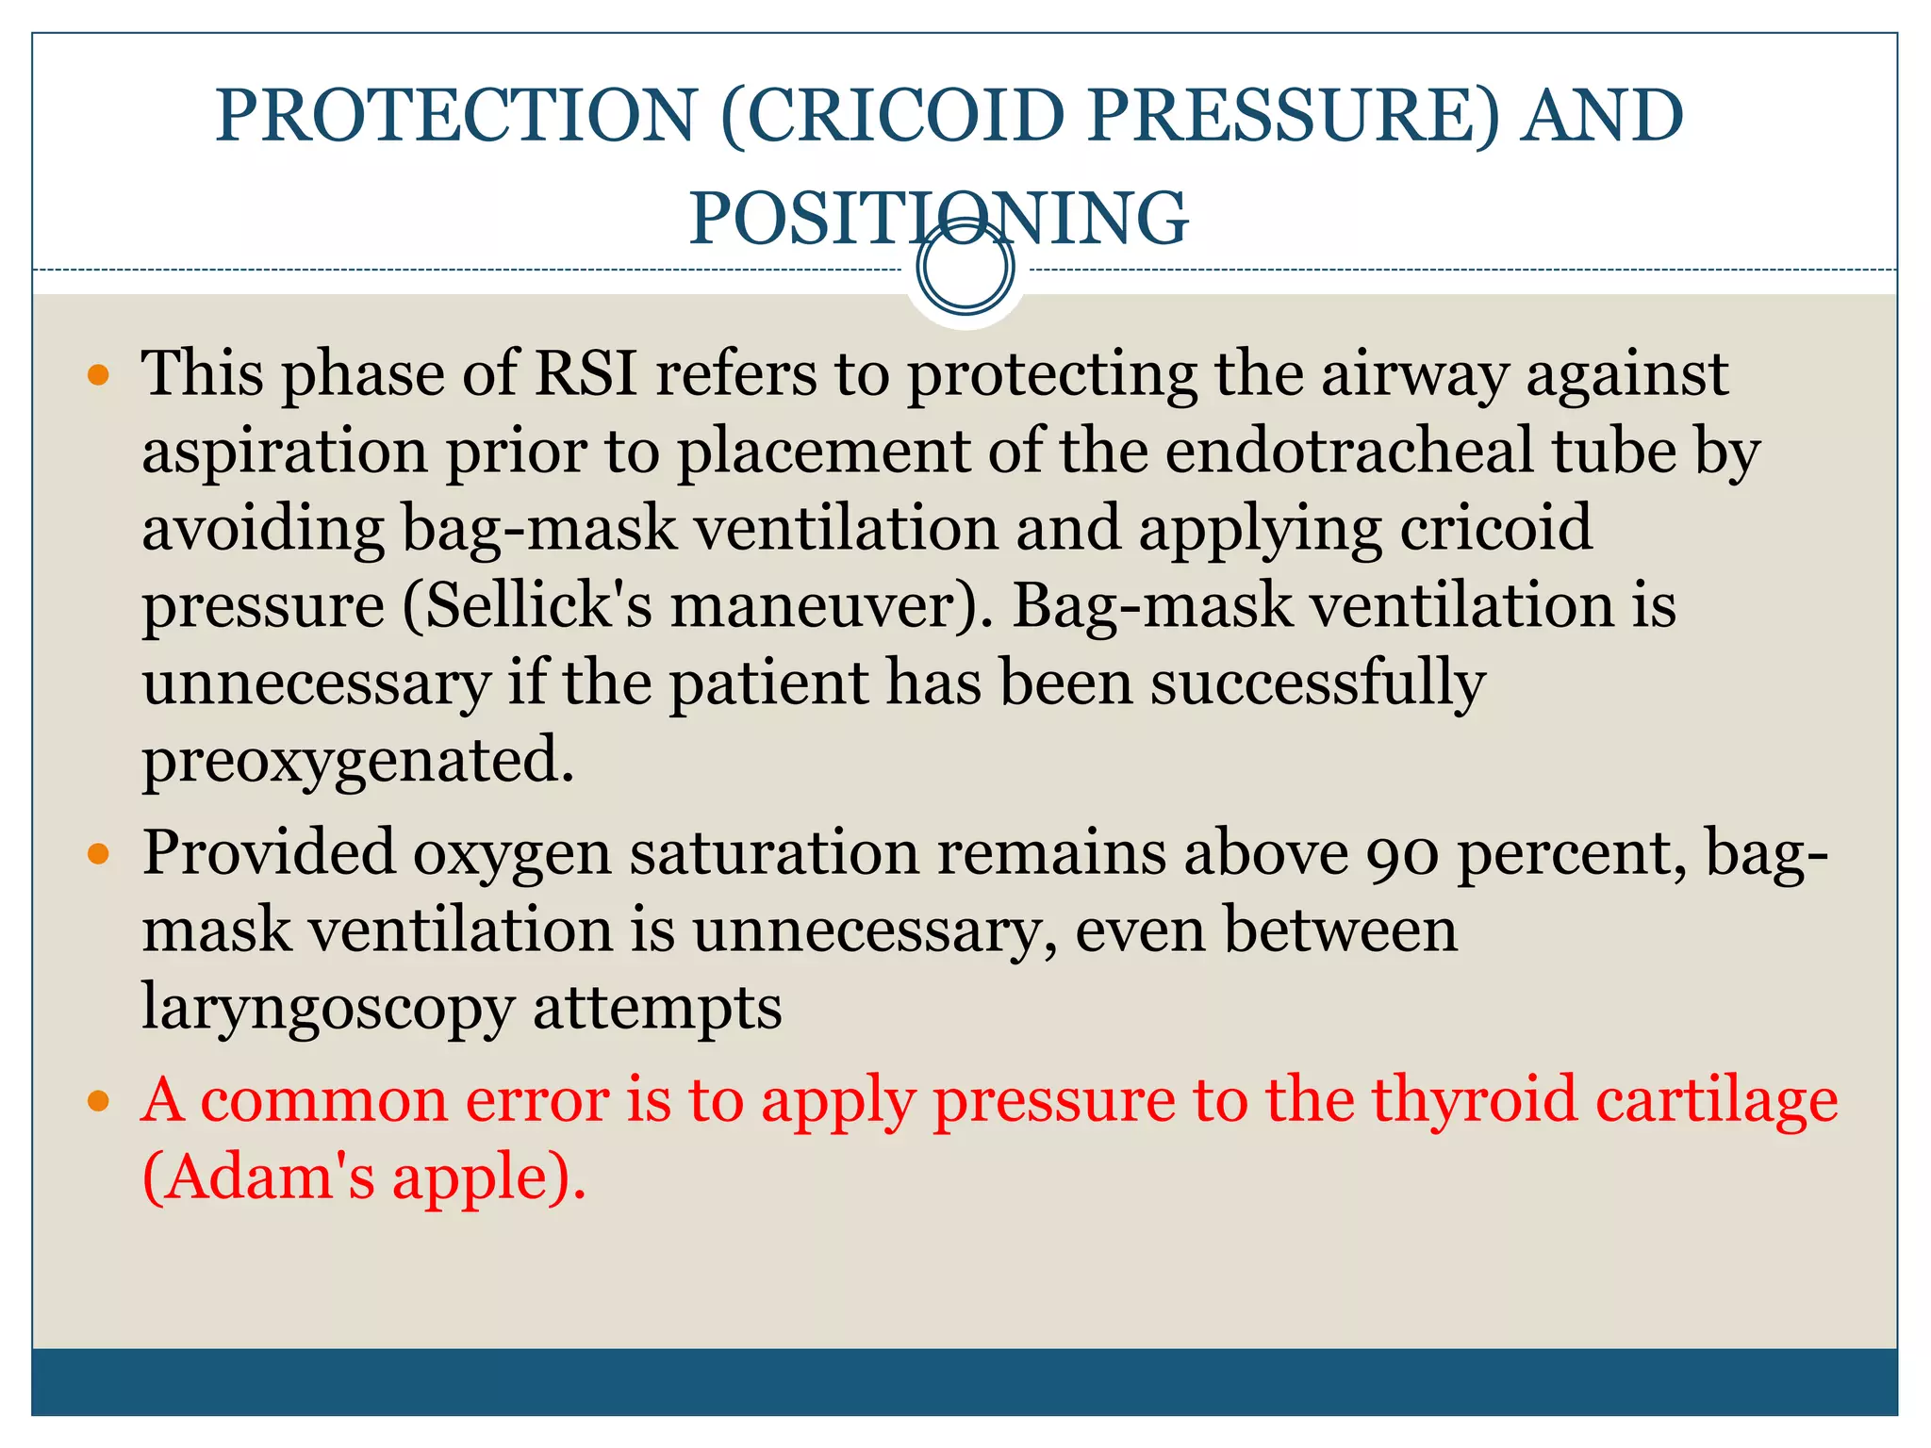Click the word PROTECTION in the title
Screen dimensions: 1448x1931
(456, 115)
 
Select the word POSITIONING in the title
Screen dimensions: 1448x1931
(938, 219)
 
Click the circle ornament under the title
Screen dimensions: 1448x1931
(965, 268)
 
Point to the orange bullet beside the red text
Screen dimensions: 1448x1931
(98, 1101)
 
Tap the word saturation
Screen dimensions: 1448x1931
(774, 854)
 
